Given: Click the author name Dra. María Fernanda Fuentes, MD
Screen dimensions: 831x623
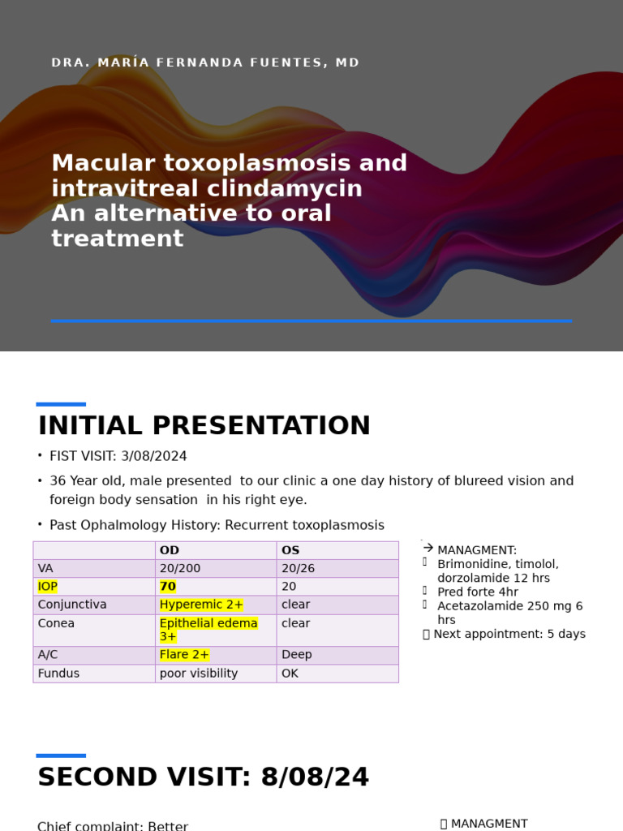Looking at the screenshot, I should (205, 63).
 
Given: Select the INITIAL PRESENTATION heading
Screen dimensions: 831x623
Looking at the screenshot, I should (204, 426).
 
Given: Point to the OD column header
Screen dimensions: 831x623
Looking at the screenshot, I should (170, 550).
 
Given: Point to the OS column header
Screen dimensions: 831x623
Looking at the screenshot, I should (290, 550).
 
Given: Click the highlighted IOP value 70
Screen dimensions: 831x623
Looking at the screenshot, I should (168, 587).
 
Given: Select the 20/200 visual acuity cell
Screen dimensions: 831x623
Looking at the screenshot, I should (180, 569).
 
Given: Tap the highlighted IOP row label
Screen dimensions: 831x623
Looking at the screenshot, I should (47, 587).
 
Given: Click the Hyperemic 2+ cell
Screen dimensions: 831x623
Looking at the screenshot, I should (201, 605).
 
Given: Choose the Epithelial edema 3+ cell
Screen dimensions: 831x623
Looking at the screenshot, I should (208, 630).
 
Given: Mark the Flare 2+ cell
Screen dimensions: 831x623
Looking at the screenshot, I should (184, 655).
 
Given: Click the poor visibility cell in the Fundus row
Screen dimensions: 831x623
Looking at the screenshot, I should (199, 674).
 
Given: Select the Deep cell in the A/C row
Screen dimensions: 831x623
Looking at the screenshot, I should (296, 655).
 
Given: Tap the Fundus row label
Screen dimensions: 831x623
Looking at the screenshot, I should (58, 674).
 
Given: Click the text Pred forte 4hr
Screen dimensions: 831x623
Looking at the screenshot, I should (477, 592).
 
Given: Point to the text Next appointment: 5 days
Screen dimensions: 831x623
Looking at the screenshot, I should (509, 634).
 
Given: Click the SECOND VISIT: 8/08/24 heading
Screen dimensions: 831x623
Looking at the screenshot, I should (203, 777).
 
